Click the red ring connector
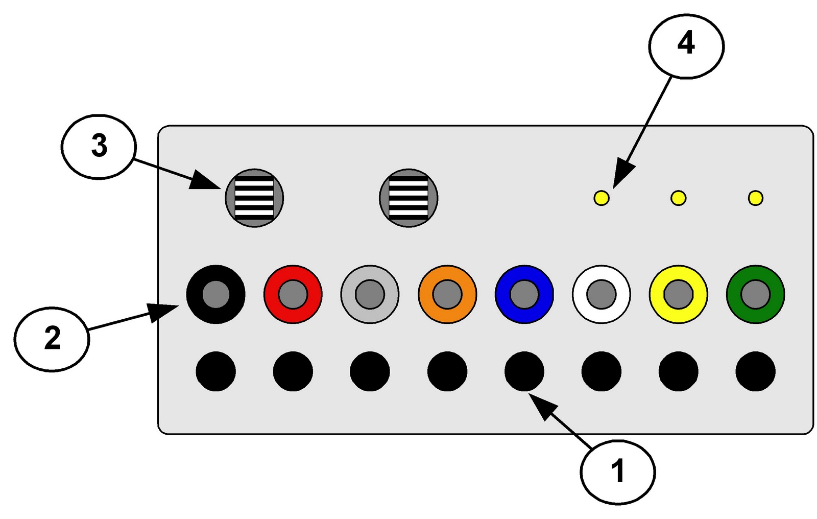click(293, 294)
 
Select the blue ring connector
click(524, 294)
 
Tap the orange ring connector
click(447, 294)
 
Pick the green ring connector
click(755, 294)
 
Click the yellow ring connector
click(678, 294)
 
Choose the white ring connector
click(601, 294)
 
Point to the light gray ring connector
click(370, 294)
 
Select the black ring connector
click(215, 294)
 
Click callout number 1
click(617, 471)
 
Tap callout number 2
click(52, 339)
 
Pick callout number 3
click(99, 147)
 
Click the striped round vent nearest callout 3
click(254, 198)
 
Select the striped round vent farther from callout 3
click(408, 198)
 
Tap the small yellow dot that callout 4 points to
click(602, 198)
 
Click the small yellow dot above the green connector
click(755, 198)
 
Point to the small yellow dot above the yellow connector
click(678, 198)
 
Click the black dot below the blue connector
click(524, 371)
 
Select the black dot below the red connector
click(293, 371)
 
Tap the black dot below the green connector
click(755, 371)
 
